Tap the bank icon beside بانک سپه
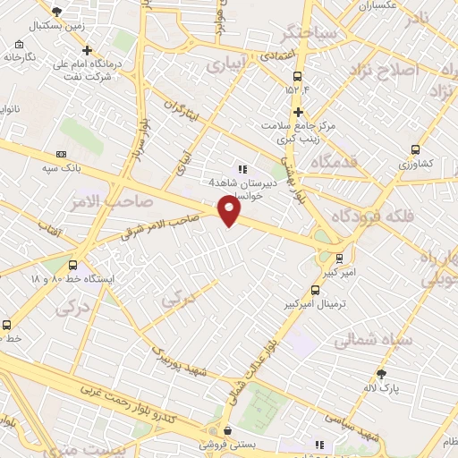(x=61, y=154)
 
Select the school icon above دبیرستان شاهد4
(x=241, y=168)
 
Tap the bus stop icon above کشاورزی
(x=415, y=150)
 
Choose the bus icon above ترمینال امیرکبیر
(x=314, y=290)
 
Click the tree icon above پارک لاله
(x=383, y=374)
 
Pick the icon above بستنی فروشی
(x=227, y=430)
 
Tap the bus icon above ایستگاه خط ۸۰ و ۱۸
(x=72, y=265)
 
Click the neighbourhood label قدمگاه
(x=335, y=163)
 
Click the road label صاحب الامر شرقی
(x=161, y=225)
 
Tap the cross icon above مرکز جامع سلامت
(x=299, y=112)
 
